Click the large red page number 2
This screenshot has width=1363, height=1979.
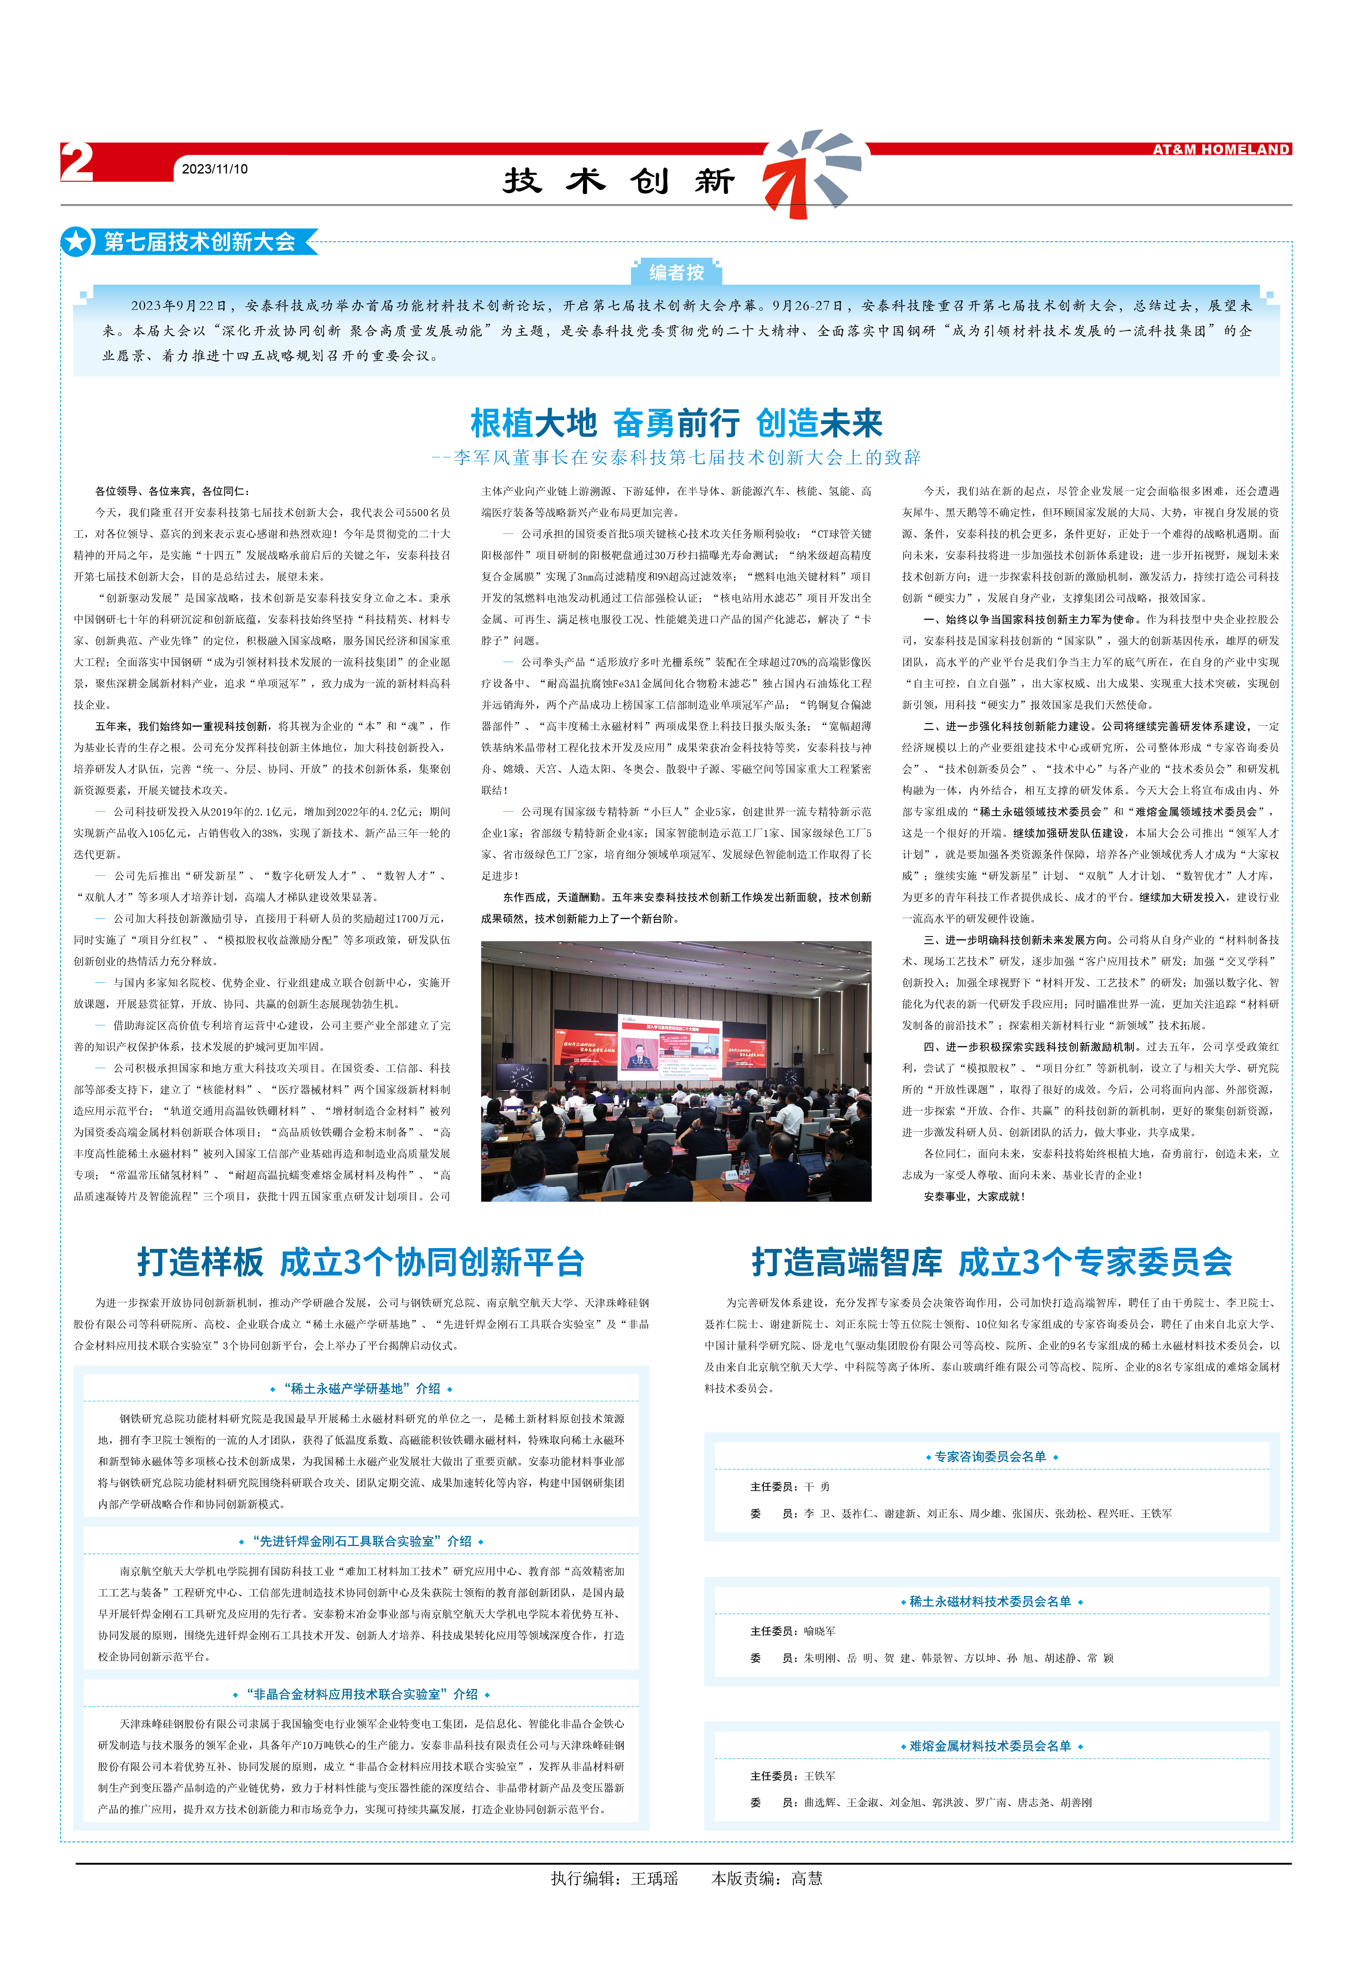tap(77, 162)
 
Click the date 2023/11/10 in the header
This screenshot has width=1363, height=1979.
tap(215, 169)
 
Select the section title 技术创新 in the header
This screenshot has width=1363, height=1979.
tap(619, 181)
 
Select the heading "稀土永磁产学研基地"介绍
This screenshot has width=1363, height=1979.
tap(361, 1389)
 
